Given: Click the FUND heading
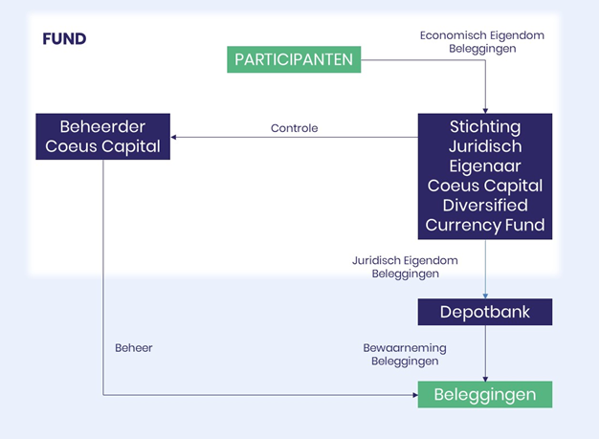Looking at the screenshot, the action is (x=64, y=39).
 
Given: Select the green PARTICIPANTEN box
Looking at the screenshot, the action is (x=294, y=59).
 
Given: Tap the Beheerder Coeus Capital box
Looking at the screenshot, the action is (x=103, y=137).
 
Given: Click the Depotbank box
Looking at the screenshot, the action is (x=485, y=312).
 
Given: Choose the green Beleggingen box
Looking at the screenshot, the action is (x=485, y=395).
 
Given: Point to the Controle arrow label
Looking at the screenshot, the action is (x=295, y=128).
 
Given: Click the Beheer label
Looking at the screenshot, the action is (x=134, y=348).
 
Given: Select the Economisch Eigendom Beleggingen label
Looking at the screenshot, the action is (x=482, y=42).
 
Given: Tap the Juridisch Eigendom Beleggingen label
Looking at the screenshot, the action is (x=405, y=267).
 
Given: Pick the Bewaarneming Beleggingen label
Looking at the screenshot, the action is (x=405, y=355).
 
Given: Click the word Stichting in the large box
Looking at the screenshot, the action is (x=485, y=127).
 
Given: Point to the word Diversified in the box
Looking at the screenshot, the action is (x=485, y=206).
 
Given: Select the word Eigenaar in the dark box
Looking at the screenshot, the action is (x=485, y=166).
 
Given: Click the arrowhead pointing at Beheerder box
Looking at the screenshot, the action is (x=173, y=137).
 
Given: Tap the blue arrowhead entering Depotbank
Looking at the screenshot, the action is (x=485, y=296).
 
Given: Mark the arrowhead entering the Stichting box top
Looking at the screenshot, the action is (x=485, y=111).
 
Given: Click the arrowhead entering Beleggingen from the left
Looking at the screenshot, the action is (x=415, y=395).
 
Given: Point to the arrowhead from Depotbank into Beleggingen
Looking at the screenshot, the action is (x=485, y=379).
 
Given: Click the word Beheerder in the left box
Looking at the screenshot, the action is (x=102, y=127).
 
